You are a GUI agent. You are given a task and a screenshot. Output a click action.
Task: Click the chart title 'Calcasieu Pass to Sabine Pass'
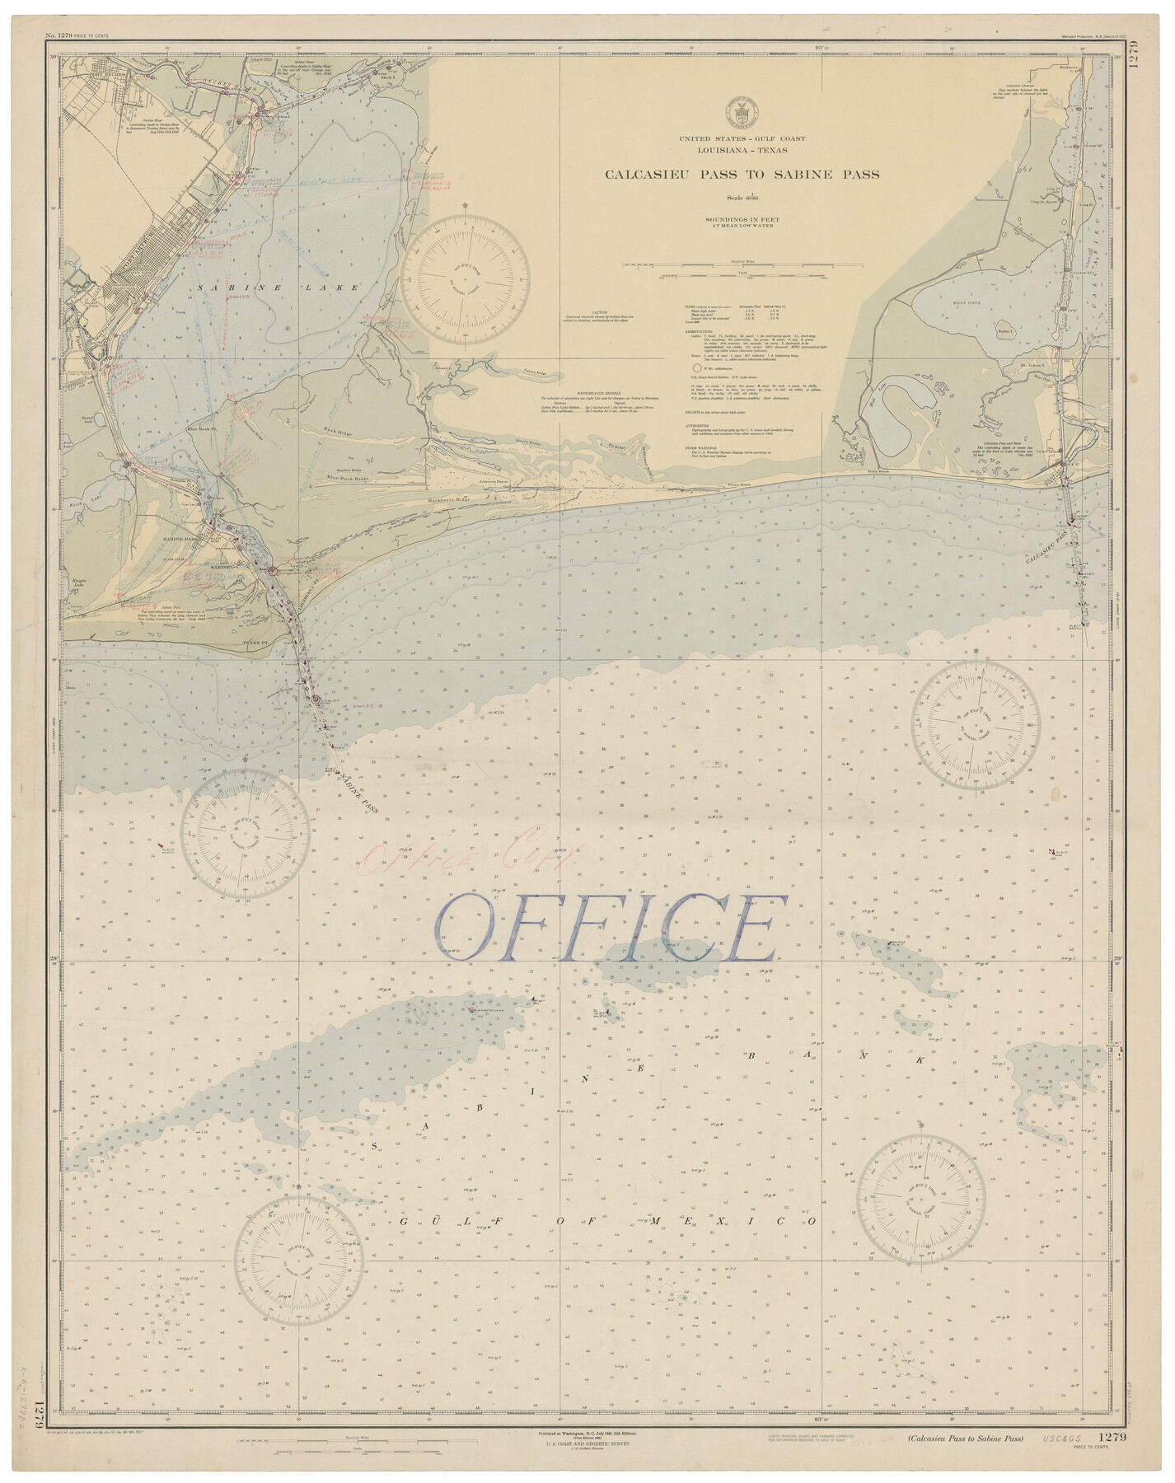742,175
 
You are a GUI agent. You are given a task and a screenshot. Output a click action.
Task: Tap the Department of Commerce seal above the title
741,112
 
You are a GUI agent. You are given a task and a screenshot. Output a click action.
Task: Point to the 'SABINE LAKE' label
279,288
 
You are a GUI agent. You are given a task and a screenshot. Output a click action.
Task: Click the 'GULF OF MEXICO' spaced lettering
608,1221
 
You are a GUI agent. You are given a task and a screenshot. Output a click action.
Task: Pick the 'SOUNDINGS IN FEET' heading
742,219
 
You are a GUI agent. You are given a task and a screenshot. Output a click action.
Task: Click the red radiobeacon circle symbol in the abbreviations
696,367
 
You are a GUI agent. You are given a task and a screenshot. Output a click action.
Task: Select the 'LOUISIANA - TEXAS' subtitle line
742,150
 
